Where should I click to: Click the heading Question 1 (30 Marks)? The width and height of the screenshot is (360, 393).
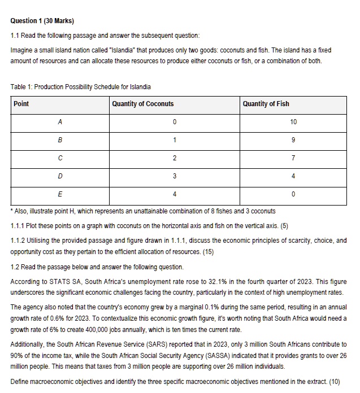42,21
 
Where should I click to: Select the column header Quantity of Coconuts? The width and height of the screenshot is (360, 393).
143,104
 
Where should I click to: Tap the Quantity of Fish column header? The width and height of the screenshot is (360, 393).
266,104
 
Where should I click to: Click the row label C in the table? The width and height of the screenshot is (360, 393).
59,158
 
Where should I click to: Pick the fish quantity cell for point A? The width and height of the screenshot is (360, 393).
293,122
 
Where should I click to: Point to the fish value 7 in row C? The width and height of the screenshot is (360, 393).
293,158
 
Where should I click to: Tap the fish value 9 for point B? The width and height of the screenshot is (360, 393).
293,140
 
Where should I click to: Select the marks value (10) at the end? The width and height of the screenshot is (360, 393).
334,381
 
